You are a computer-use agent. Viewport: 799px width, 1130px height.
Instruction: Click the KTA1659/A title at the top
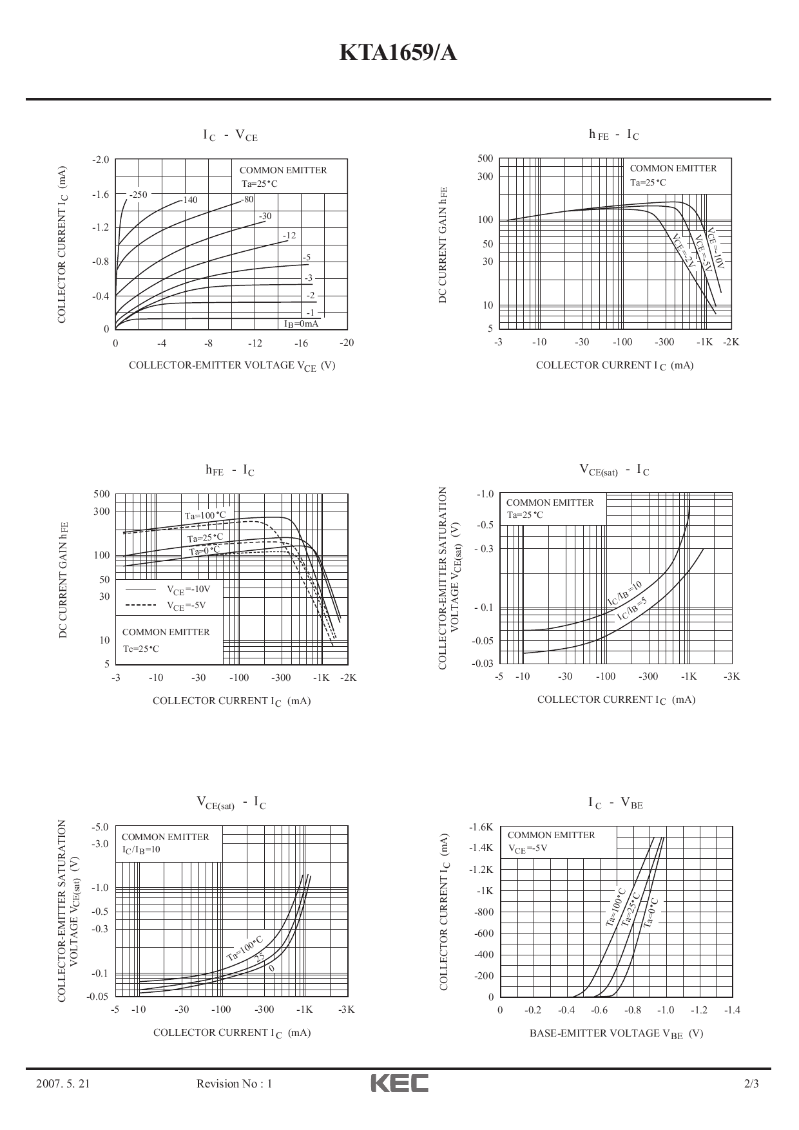[398, 53]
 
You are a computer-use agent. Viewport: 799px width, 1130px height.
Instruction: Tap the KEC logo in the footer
[399, 1083]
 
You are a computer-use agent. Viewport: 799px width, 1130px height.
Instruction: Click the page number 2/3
[751, 1084]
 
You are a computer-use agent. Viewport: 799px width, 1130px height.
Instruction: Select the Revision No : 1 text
[234, 1084]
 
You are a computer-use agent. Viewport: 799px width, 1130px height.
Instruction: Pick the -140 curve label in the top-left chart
[189, 200]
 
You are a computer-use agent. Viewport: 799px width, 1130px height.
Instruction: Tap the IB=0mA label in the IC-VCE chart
[302, 324]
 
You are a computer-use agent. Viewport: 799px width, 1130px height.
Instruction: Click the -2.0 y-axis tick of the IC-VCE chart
[101, 159]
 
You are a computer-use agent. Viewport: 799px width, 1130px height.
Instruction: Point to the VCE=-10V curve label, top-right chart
[716, 247]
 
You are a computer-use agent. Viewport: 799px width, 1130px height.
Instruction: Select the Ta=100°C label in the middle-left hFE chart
[206, 515]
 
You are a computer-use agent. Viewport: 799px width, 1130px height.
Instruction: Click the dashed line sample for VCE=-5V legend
[140, 605]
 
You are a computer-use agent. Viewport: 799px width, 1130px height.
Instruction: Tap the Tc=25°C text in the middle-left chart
[140, 649]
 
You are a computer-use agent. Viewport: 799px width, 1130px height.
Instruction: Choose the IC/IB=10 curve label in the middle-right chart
[625, 593]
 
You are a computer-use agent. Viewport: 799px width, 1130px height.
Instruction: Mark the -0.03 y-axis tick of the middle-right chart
[483, 663]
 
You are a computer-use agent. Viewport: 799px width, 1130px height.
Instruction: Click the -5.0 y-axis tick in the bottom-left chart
[101, 827]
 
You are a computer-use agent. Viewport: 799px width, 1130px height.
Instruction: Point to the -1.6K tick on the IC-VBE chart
[481, 827]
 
